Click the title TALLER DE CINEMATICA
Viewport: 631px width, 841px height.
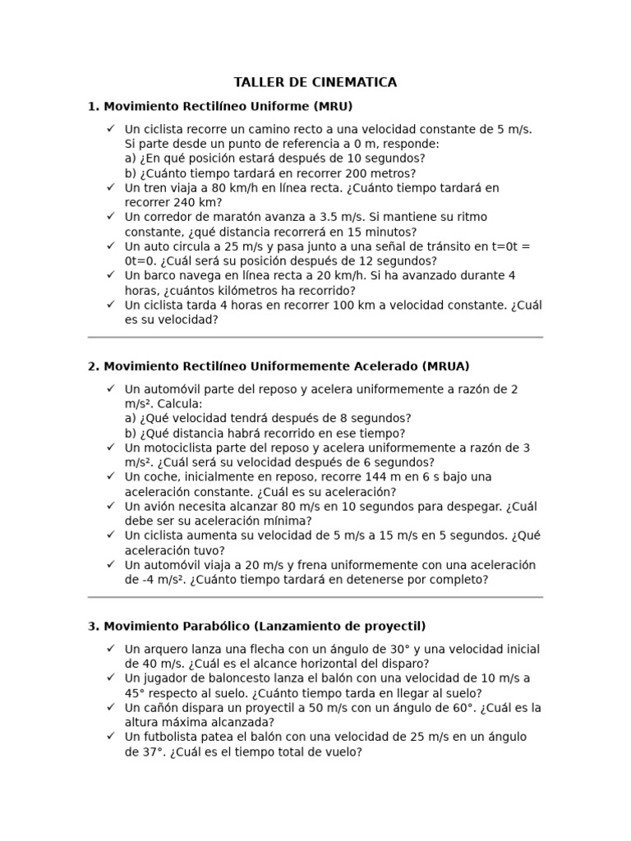(x=315, y=82)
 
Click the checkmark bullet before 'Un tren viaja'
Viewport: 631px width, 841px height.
(x=110, y=187)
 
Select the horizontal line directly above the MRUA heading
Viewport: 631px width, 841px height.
(x=315, y=338)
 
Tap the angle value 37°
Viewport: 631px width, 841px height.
(x=140, y=751)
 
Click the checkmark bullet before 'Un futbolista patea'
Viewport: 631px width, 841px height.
(x=110, y=736)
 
